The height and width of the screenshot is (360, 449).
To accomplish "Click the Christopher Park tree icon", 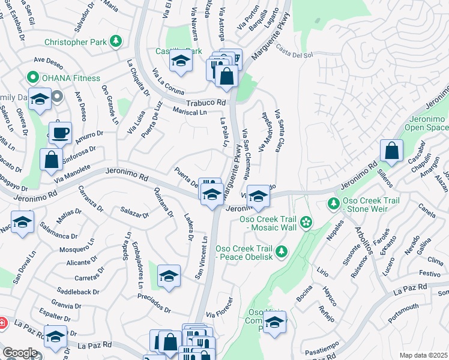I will click(116, 41).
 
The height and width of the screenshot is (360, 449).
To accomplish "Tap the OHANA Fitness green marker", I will click(31, 77).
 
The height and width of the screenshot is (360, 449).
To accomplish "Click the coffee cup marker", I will click(60, 133).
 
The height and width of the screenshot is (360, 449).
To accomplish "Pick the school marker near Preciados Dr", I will click(169, 276).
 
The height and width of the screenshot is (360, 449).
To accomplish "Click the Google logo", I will click(20, 353).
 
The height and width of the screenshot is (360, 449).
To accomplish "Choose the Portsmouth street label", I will click(403, 313).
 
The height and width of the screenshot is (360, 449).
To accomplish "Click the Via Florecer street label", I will click(218, 314).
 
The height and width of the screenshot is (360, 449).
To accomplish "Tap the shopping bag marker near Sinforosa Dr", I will click(51, 160).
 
